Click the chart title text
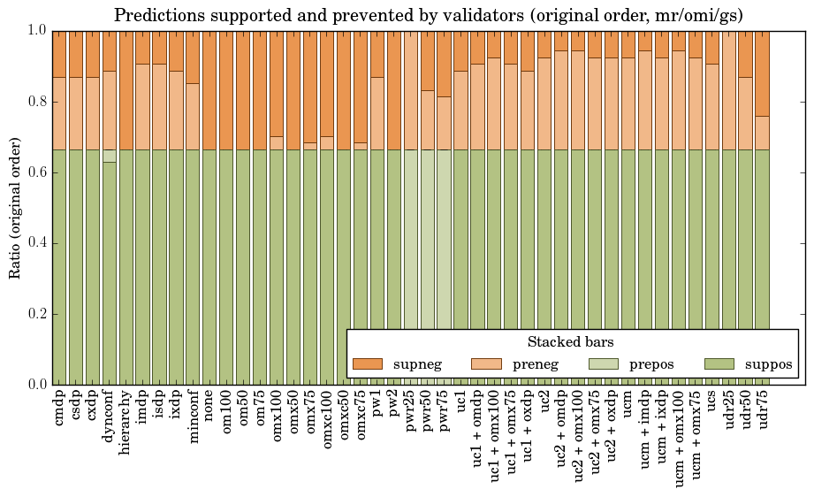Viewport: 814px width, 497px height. [x=428, y=15]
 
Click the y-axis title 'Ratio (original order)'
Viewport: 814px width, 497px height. [x=15, y=207]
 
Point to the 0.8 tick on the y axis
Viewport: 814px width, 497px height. [x=34, y=102]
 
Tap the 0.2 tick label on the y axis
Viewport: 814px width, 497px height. [x=34, y=314]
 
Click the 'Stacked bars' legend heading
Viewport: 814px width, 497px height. [x=570, y=341]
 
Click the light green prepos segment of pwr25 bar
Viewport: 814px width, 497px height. [x=411, y=265]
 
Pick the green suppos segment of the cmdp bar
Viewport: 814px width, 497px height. [x=59, y=265]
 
